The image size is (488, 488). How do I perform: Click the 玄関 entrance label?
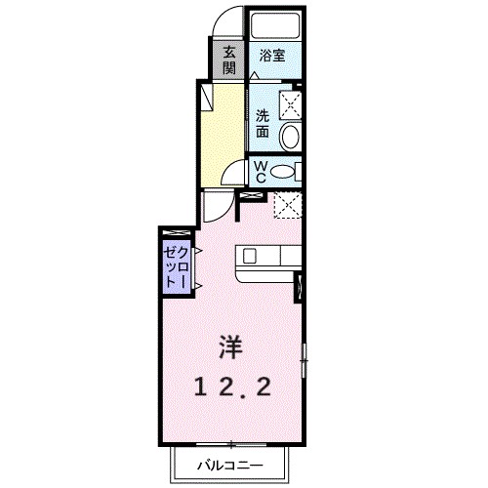coord(229,60)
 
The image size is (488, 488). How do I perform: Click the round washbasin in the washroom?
coord(289,137)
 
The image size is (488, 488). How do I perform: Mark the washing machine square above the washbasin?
coord(290,104)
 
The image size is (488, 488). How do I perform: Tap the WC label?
coord(261,173)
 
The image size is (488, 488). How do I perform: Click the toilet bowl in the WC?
coord(283,172)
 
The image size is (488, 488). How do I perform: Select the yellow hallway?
coord(222,132)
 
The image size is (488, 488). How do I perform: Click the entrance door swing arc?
coord(226,21)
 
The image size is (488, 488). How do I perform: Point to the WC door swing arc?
coord(231,177)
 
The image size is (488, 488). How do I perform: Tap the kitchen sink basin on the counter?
coord(250,257)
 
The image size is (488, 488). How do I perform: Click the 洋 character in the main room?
coord(230,346)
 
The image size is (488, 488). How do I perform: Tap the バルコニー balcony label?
coord(229,465)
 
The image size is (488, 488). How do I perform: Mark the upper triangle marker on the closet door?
coord(197,251)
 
